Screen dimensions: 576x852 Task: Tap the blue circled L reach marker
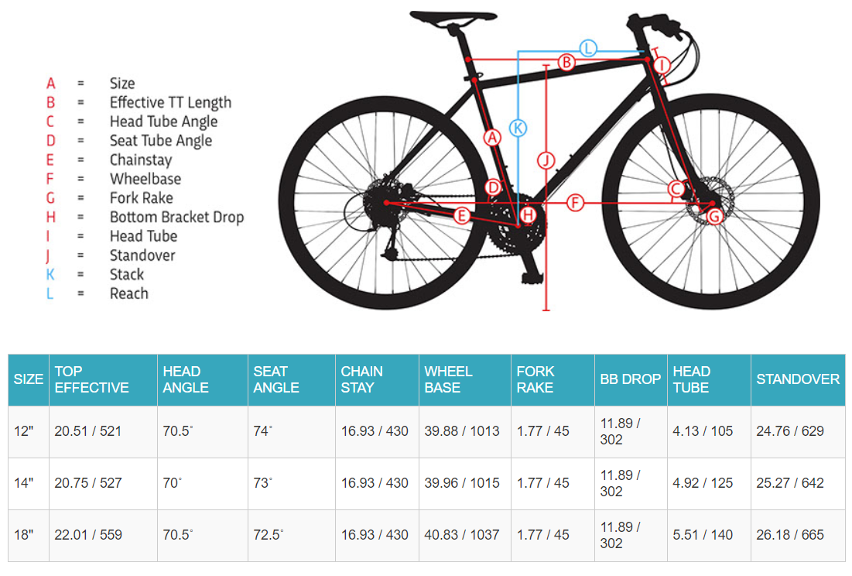(588, 48)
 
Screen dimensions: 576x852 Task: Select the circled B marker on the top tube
(566, 62)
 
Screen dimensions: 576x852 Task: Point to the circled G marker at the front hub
(714, 216)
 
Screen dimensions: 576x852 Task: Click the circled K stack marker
(518, 127)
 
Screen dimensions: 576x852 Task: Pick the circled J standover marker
(546, 160)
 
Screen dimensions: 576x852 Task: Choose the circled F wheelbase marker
(574, 203)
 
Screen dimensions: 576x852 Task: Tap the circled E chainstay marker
(462, 215)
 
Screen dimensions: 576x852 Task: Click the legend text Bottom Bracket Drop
(176, 218)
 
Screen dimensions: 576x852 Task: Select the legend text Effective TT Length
(170, 102)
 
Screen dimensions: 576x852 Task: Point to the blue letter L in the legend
(50, 294)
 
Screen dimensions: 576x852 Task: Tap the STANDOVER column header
(797, 379)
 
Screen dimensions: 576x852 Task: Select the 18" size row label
(24, 535)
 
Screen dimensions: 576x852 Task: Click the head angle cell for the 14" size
(172, 483)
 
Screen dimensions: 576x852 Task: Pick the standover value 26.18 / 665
(789, 535)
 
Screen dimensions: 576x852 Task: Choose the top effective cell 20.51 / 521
(88, 431)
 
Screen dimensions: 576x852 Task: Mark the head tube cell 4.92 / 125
(703, 483)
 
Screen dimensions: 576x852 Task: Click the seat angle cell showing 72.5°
(269, 535)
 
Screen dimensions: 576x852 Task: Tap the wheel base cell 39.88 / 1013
(462, 431)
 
